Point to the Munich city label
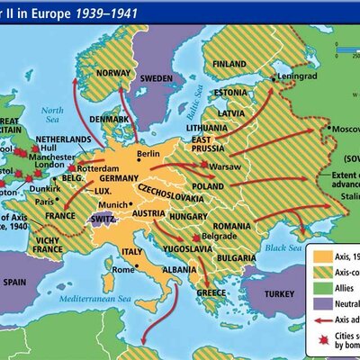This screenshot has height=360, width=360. tap(132, 207)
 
